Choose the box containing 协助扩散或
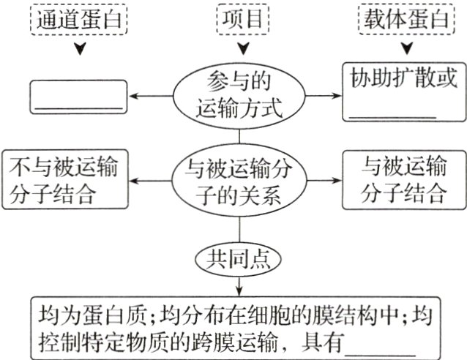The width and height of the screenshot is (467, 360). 405,91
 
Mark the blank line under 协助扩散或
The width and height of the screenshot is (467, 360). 392,116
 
